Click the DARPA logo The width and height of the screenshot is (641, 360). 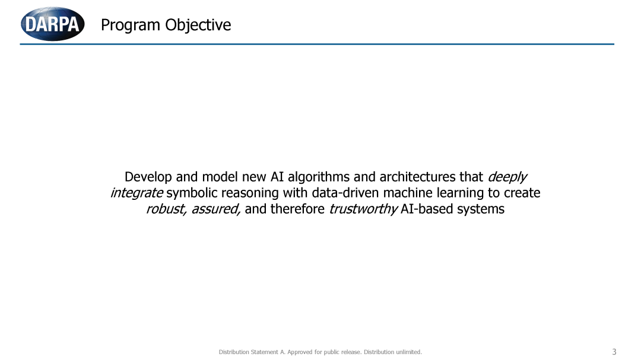coord(53,24)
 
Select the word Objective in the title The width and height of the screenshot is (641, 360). coord(198,26)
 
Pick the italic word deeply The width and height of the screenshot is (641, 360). coord(507,177)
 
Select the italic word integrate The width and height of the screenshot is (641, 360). coord(137,193)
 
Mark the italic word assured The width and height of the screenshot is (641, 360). coord(216,209)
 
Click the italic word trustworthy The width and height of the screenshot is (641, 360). coord(363,209)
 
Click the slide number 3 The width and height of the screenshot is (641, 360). coord(614,352)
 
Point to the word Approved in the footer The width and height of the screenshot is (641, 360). coord(300,352)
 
